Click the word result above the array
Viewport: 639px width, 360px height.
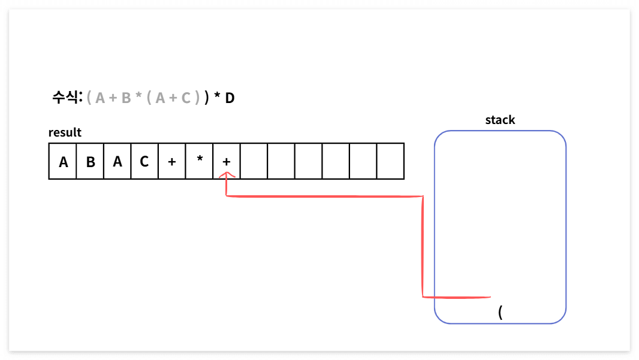65,132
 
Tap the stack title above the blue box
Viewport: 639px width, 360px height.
500,120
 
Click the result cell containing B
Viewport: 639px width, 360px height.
90,161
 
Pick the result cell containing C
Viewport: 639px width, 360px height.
144,161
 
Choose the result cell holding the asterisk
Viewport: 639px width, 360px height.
200,161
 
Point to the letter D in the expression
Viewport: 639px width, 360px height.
230,98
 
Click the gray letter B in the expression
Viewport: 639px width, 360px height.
126,98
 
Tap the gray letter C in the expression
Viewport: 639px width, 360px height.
186,98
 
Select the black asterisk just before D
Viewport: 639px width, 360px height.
217,96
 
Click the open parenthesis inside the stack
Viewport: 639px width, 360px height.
500,312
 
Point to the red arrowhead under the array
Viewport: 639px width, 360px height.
226,176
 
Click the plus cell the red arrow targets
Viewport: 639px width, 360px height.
227,161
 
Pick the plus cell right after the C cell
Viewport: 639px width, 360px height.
172,161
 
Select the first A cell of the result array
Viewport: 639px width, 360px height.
63,161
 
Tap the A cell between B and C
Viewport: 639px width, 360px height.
117,161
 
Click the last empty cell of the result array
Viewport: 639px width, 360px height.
390,161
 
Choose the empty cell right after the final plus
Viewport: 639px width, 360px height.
254,161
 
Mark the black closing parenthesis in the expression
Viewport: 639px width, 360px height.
207,98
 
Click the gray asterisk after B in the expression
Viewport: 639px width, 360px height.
138,96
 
